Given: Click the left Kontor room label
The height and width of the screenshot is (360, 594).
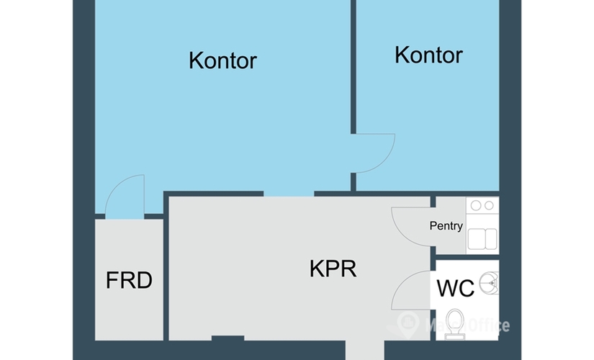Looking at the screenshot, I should tap(222, 60).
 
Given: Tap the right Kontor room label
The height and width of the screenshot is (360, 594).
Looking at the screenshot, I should tap(428, 55).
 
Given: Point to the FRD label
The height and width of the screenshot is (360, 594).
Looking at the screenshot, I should tap(129, 280).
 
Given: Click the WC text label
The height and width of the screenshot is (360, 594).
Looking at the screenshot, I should tap(456, 288).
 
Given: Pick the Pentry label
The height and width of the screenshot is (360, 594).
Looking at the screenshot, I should tap(446, 226).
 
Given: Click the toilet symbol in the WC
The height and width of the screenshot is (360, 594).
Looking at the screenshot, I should tap(454, 322).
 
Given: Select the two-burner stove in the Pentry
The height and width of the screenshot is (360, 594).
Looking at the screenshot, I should tap(481, 206).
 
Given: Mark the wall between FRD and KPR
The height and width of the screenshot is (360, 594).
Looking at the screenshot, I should tap(166, 274).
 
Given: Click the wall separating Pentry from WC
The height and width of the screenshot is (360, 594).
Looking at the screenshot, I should tap(467, 256).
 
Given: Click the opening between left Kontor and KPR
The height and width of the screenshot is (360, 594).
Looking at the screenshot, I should tap(289, 194).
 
